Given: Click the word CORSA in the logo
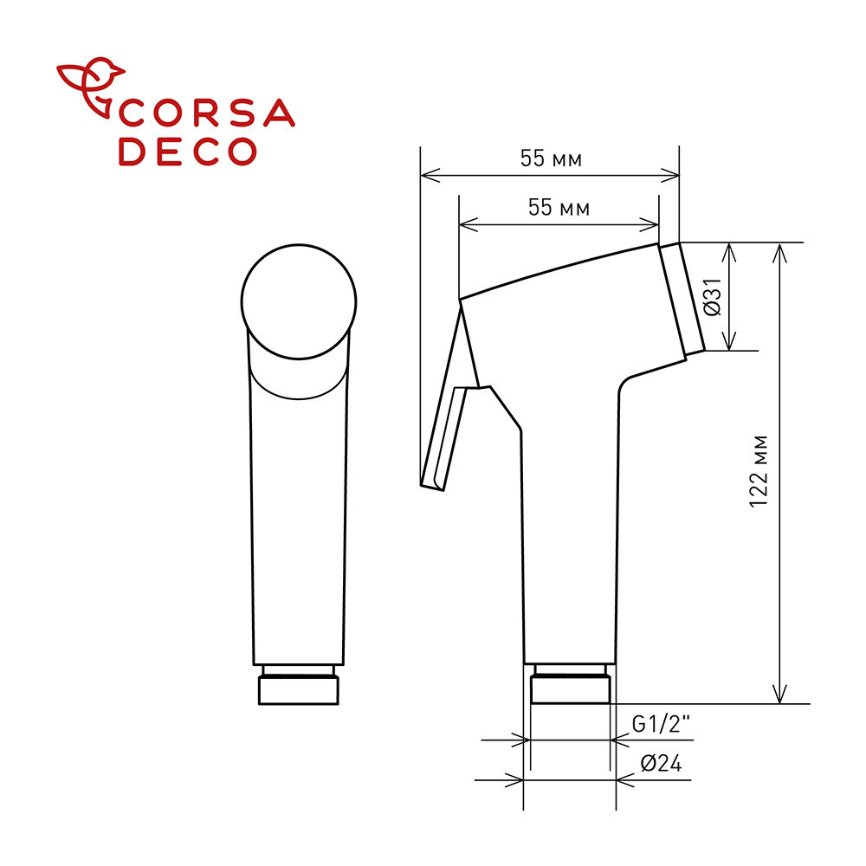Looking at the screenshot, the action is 207,113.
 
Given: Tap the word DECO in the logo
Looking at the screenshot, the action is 188,151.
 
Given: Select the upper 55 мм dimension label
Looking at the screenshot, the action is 551,159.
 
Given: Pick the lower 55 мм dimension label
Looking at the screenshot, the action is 559,208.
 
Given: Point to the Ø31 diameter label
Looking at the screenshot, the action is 713,296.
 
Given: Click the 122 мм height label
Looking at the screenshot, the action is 759,472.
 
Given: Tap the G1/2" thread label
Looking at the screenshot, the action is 661,724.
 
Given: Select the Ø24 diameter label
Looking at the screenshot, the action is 661,764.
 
